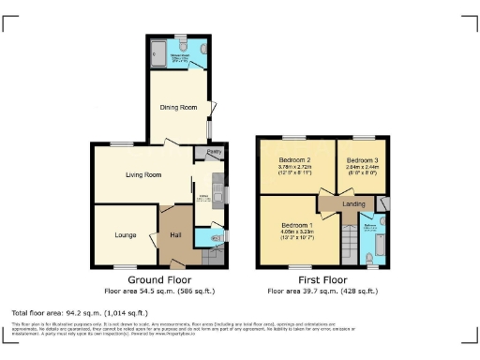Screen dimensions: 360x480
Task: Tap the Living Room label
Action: tap(144, 174)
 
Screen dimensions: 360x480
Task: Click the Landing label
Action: tap(353, 203)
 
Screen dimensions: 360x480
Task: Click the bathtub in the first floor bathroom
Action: tap(378, 246)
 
